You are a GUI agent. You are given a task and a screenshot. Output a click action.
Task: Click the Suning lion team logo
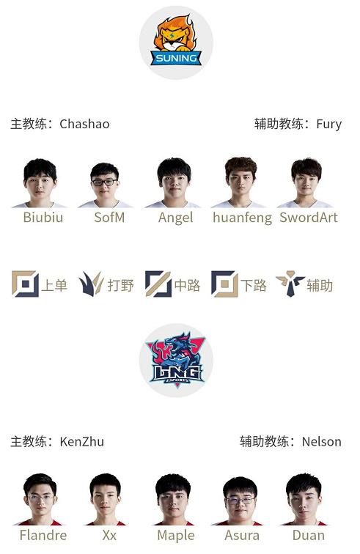pos(176,41)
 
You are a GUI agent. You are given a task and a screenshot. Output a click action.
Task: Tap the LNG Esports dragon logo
pos(177,360)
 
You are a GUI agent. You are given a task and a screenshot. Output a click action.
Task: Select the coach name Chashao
pos(84,124)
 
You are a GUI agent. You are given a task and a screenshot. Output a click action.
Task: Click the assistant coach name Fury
pos(329,125)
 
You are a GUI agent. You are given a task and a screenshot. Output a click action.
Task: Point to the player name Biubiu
pos(43,218)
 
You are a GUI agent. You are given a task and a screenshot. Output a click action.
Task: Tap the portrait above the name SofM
pos(105,185)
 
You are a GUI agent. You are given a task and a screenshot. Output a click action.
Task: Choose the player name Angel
pos(176,218)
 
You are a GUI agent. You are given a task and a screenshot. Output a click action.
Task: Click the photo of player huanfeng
pos(240,182)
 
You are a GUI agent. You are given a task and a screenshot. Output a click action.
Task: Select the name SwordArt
pos(309,218)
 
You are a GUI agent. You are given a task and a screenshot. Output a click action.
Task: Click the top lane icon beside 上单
pos(25,284)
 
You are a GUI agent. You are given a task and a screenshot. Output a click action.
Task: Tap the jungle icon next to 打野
pos(91,284)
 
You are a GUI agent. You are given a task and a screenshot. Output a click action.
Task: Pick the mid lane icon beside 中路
pos(158,284)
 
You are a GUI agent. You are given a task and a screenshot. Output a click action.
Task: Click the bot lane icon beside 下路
pos(224,284)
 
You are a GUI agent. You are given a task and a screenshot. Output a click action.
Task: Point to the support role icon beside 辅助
pos(290,284)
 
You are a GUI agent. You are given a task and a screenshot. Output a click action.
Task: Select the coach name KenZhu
pos(81,442)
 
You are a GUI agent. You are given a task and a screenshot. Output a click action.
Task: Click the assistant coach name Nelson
pos(321,442)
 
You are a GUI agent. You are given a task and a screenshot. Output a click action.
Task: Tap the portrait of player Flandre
pos(40,500)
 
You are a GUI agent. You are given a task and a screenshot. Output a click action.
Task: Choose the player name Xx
pos(109,535)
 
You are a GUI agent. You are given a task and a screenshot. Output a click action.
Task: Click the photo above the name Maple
pos(173,500)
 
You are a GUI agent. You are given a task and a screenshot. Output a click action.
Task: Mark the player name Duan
pos(309,535)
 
